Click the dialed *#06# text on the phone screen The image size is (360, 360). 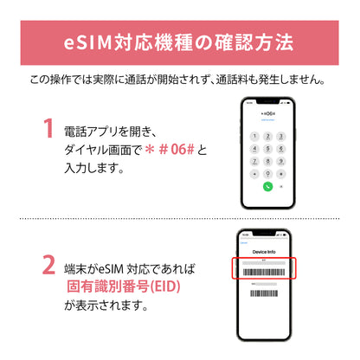click(x=268, y=112)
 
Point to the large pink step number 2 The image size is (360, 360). click(x=48, y=263)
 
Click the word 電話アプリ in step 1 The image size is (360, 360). click(x=93, y=132)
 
